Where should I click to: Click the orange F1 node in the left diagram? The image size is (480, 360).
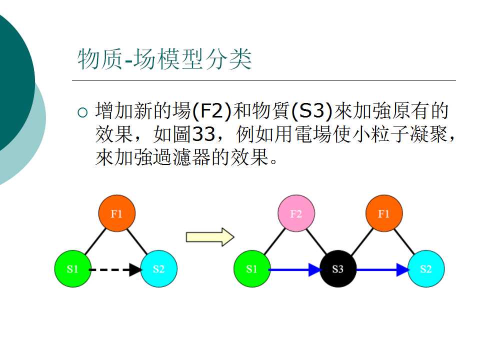tap(116, 214)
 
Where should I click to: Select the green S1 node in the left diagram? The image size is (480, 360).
tap(72, 269)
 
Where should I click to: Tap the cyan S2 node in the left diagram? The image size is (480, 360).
tap(158, 269)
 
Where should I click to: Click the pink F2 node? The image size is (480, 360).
tap(296, 214)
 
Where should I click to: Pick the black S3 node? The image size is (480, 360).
tap(337, 269)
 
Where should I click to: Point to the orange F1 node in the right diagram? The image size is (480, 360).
tap(384, 214)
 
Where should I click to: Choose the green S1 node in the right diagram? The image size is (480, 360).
tap(251, 269)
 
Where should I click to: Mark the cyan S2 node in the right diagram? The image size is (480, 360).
tap(425, 269)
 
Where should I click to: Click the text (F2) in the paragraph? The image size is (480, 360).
tap(211, 111)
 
